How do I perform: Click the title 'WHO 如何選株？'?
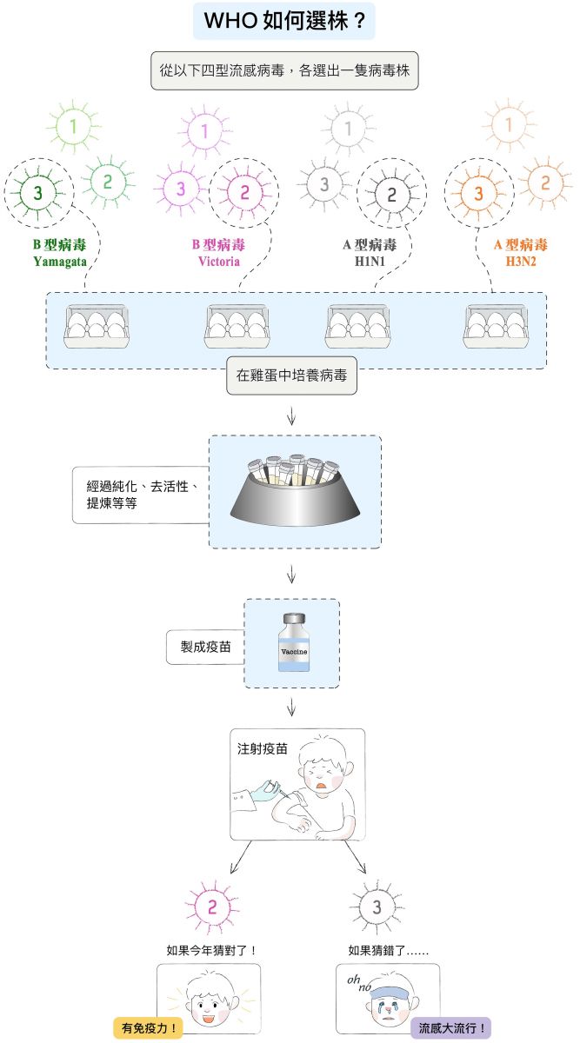pyautogui.click(x=284, y=21)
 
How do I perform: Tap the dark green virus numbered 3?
pyautogui.click(x=38, y=192)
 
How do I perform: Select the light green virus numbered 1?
pyautogui.click(x=74, y=127)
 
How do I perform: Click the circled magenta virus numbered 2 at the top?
pyautogui.click(x=244, y=192)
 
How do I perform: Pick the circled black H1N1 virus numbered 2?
pyautogui.click(x=391, y=195)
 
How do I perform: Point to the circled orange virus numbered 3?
pyautogui.click(x=479, y=193)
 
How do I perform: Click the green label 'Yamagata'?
pyautogui.click(x=60, y=262)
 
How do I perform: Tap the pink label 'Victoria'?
pyautogui.click(x=219, y=262)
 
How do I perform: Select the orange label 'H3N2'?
pyautogui.click(x=521, y=262)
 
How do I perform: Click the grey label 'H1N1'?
pyautogui.click(x=370, y=262)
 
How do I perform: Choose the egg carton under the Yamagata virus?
pyautogui.click(x=97, y=327)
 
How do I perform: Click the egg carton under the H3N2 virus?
pyautogui.click(x=496, y=327)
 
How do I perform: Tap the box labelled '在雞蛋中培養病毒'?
pyautogui.click(x=291, y=375)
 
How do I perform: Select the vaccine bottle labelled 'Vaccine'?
pyautogui.click(x=294, y=642)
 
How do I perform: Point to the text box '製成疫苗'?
pyautogui.click(x=205, y=647)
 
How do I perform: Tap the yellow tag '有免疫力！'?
pyautogui.click(x=148, y=1027)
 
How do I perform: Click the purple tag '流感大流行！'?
pyautogui.click(x=451, y=1027)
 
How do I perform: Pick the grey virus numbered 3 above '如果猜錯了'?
pyautogui.click(x=377, y=907)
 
